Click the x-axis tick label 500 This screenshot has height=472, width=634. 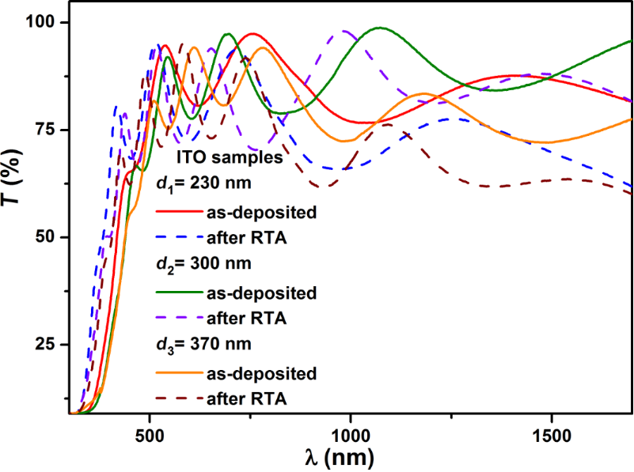click(149, 434)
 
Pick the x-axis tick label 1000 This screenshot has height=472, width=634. click(350, 434)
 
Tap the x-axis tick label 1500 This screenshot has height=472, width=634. click(551, 434)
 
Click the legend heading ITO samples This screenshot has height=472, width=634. click(229, 158)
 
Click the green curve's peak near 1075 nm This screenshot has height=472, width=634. click(381, 28)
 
